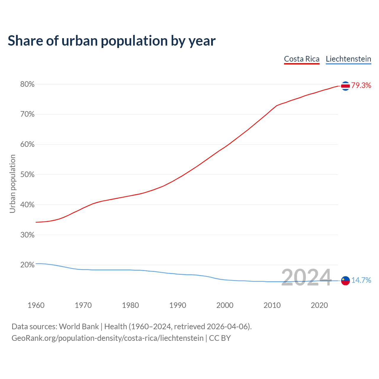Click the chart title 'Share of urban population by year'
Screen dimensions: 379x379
112,41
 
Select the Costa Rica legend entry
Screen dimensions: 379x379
302,59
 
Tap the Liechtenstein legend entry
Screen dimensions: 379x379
348,59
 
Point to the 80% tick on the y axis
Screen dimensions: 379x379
27,84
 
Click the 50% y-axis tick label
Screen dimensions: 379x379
27,175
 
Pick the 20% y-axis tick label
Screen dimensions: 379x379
27,265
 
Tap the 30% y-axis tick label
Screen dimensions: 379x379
27,235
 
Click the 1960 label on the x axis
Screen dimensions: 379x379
36,305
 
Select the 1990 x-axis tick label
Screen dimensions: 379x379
178,305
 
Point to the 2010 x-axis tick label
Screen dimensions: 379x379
272,305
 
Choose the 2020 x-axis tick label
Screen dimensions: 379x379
319,305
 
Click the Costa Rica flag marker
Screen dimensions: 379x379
345,86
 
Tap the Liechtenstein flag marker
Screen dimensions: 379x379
345,280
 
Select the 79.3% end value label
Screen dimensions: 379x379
361,86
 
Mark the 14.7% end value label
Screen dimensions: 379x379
361,280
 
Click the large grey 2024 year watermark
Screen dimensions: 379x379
306,278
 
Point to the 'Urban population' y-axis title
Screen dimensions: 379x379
12,184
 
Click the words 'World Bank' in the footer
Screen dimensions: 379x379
79,327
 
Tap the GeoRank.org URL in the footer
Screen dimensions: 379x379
107,338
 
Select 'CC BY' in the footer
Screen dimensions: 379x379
220,338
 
